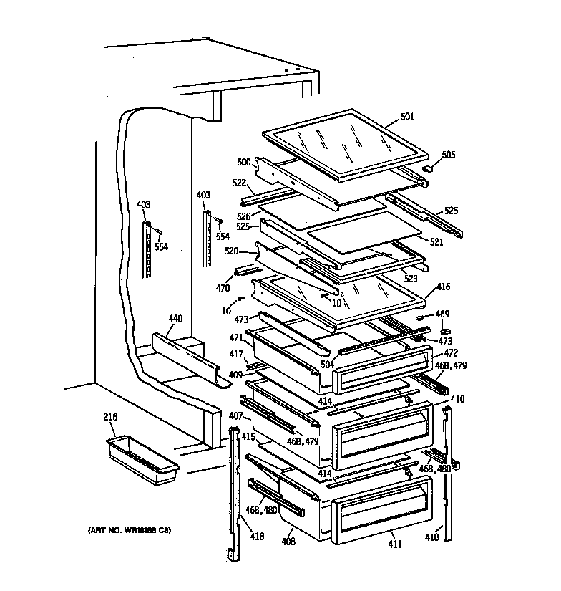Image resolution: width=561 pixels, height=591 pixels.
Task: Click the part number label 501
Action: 407,117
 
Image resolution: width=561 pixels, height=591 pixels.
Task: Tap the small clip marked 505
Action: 429,168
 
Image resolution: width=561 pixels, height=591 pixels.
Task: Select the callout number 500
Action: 244,162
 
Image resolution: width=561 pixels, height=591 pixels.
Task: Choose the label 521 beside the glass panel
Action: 436,242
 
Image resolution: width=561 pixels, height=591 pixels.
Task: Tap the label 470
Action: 224,289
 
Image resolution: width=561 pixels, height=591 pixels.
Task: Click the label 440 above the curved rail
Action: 175,318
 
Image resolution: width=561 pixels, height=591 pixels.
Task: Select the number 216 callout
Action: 110,417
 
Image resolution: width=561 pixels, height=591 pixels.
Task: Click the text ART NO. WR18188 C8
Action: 130,531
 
